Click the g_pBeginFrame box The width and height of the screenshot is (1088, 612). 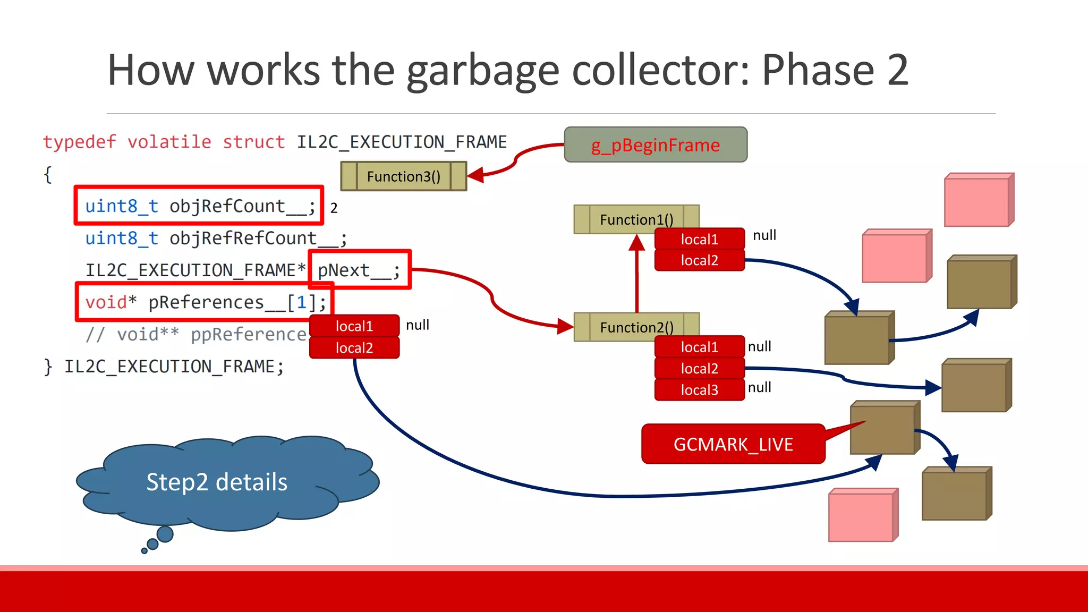point(656,144)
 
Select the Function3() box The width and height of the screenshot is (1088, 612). point(403,176)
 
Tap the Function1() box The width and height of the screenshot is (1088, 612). point(636,219)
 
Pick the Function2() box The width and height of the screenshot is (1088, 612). point(636,327)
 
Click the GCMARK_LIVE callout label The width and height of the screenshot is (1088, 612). point(733,444)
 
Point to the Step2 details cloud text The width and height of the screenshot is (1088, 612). point(217,482)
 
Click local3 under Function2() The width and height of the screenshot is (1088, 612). point(699,390)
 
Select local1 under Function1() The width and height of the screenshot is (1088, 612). point(699,239)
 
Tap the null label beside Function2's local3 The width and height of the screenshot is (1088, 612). point(760,387)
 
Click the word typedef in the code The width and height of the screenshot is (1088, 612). point(80,142)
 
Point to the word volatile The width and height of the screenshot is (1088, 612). point(169,142)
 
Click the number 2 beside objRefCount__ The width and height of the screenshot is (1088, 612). point(334,208)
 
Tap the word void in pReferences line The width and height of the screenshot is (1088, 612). point(106,302)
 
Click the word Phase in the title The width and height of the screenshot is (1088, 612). point(818,70)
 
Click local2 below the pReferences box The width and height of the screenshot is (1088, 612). point(354,348)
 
